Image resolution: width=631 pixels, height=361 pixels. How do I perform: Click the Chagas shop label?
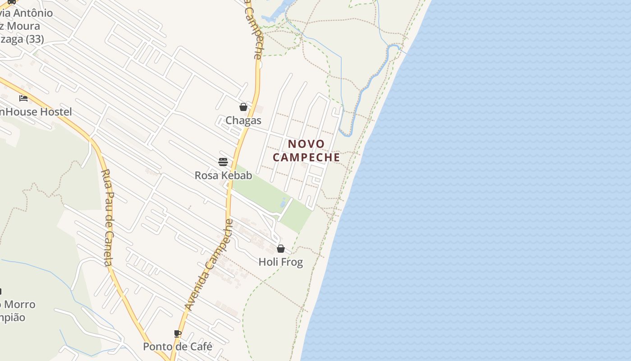[243, 120]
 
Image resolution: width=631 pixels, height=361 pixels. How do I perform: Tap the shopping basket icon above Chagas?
[243, 107]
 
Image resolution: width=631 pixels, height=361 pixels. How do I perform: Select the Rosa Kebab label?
[223, 175]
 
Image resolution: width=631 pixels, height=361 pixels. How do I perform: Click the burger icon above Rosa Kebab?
[223, 162]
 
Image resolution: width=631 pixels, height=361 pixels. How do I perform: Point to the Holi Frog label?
[280, 262]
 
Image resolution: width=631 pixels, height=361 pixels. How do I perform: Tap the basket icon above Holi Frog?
[281, 249]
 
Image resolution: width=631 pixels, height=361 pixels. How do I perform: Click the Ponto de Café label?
[178, 347]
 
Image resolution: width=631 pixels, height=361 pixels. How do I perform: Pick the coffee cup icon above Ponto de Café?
[178, 334]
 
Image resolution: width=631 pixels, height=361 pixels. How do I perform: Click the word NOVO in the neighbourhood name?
[306, 144]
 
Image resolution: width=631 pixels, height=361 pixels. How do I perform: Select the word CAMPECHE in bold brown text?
[306, 157]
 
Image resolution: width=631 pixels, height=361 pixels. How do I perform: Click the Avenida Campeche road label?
[209, 265]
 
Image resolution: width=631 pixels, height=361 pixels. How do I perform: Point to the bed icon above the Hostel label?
[23, 98]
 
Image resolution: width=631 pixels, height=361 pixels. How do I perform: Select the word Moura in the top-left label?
[23, 26]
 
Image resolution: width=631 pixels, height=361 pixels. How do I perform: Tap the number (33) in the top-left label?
[35, 39]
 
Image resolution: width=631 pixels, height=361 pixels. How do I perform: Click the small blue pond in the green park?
[283, 203]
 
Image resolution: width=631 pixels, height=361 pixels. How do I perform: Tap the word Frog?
[293, 262]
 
